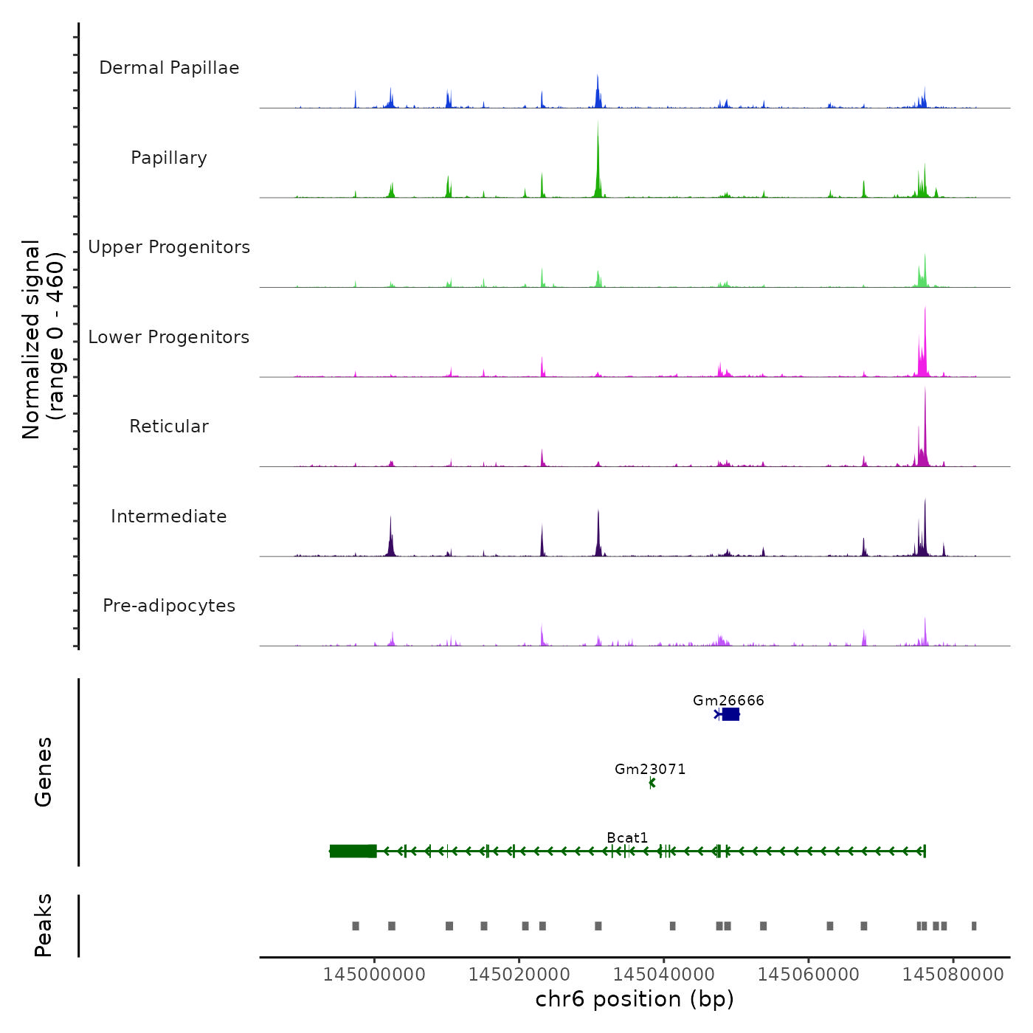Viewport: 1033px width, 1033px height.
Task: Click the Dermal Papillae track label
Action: (x=169, y=68)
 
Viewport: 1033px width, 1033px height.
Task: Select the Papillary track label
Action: (x=169, y=158)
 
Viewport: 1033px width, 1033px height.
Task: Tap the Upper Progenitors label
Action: (x=169, y=247)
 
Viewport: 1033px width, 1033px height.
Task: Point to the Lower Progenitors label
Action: (x=169, y=337)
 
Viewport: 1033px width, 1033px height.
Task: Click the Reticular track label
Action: (x=169, y=426)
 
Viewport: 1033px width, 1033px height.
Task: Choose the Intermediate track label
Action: (x=169, y=516)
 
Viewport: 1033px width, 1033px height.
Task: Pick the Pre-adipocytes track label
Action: (x=169, y=606)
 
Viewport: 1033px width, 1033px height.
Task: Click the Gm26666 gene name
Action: (x=728, y=700)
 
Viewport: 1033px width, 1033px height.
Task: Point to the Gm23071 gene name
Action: (x=650, y=769)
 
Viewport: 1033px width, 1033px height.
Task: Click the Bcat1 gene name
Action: (x=627, y=837)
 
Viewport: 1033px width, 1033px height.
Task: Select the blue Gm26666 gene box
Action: (x=730, y=714)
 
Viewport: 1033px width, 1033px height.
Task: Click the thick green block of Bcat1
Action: (x=353, y=851)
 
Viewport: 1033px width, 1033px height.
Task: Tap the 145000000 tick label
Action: (x=374, y=974)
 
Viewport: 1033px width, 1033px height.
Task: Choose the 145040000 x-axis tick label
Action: (x=663, y=974)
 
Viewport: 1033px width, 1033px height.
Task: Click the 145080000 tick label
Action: (x=953, y=974)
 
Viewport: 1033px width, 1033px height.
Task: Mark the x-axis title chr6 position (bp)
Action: (x=635, y=999)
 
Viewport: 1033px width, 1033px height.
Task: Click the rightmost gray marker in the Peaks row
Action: (x=974, y=926)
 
